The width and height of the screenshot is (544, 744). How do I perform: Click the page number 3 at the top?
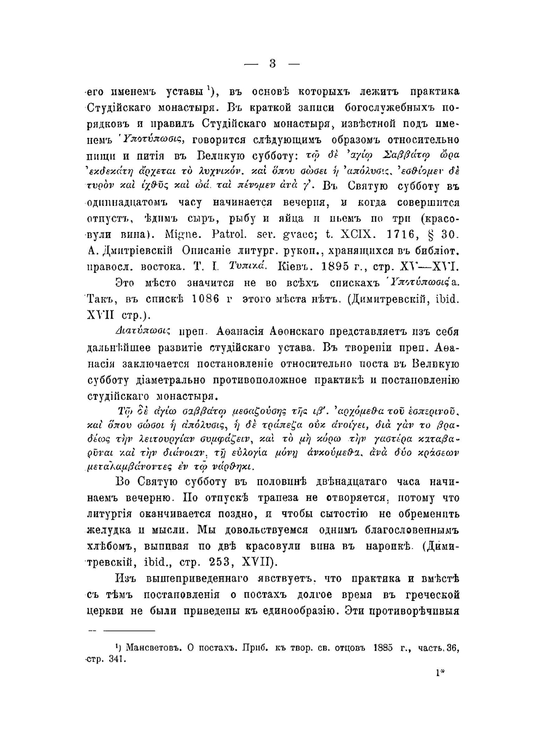click(273, 64)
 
